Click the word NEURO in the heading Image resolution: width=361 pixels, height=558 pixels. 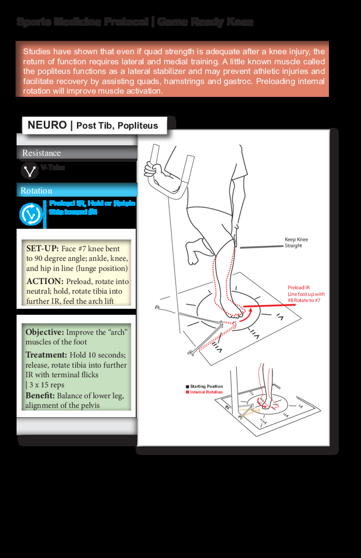point(47,125)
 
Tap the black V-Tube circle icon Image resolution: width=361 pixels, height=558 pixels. point(29,171)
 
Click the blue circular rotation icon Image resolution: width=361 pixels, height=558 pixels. point(31,214)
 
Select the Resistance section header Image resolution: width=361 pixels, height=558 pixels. point(41,153)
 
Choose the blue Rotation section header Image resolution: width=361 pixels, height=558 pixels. point(36,191)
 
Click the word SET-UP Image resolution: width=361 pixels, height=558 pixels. point(42,249)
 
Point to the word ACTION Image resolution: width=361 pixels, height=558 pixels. point(45,281)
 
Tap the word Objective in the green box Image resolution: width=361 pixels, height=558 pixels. point(44,332)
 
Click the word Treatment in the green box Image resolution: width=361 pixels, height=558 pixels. point(46,355)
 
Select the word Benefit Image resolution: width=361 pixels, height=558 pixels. point(40,395)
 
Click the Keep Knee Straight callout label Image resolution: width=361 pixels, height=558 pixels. point(296,243)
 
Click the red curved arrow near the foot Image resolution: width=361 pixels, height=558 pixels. point(247,315)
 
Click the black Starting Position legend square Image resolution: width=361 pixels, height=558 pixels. point(188,387)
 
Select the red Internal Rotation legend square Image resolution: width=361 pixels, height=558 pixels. point(188,392)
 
